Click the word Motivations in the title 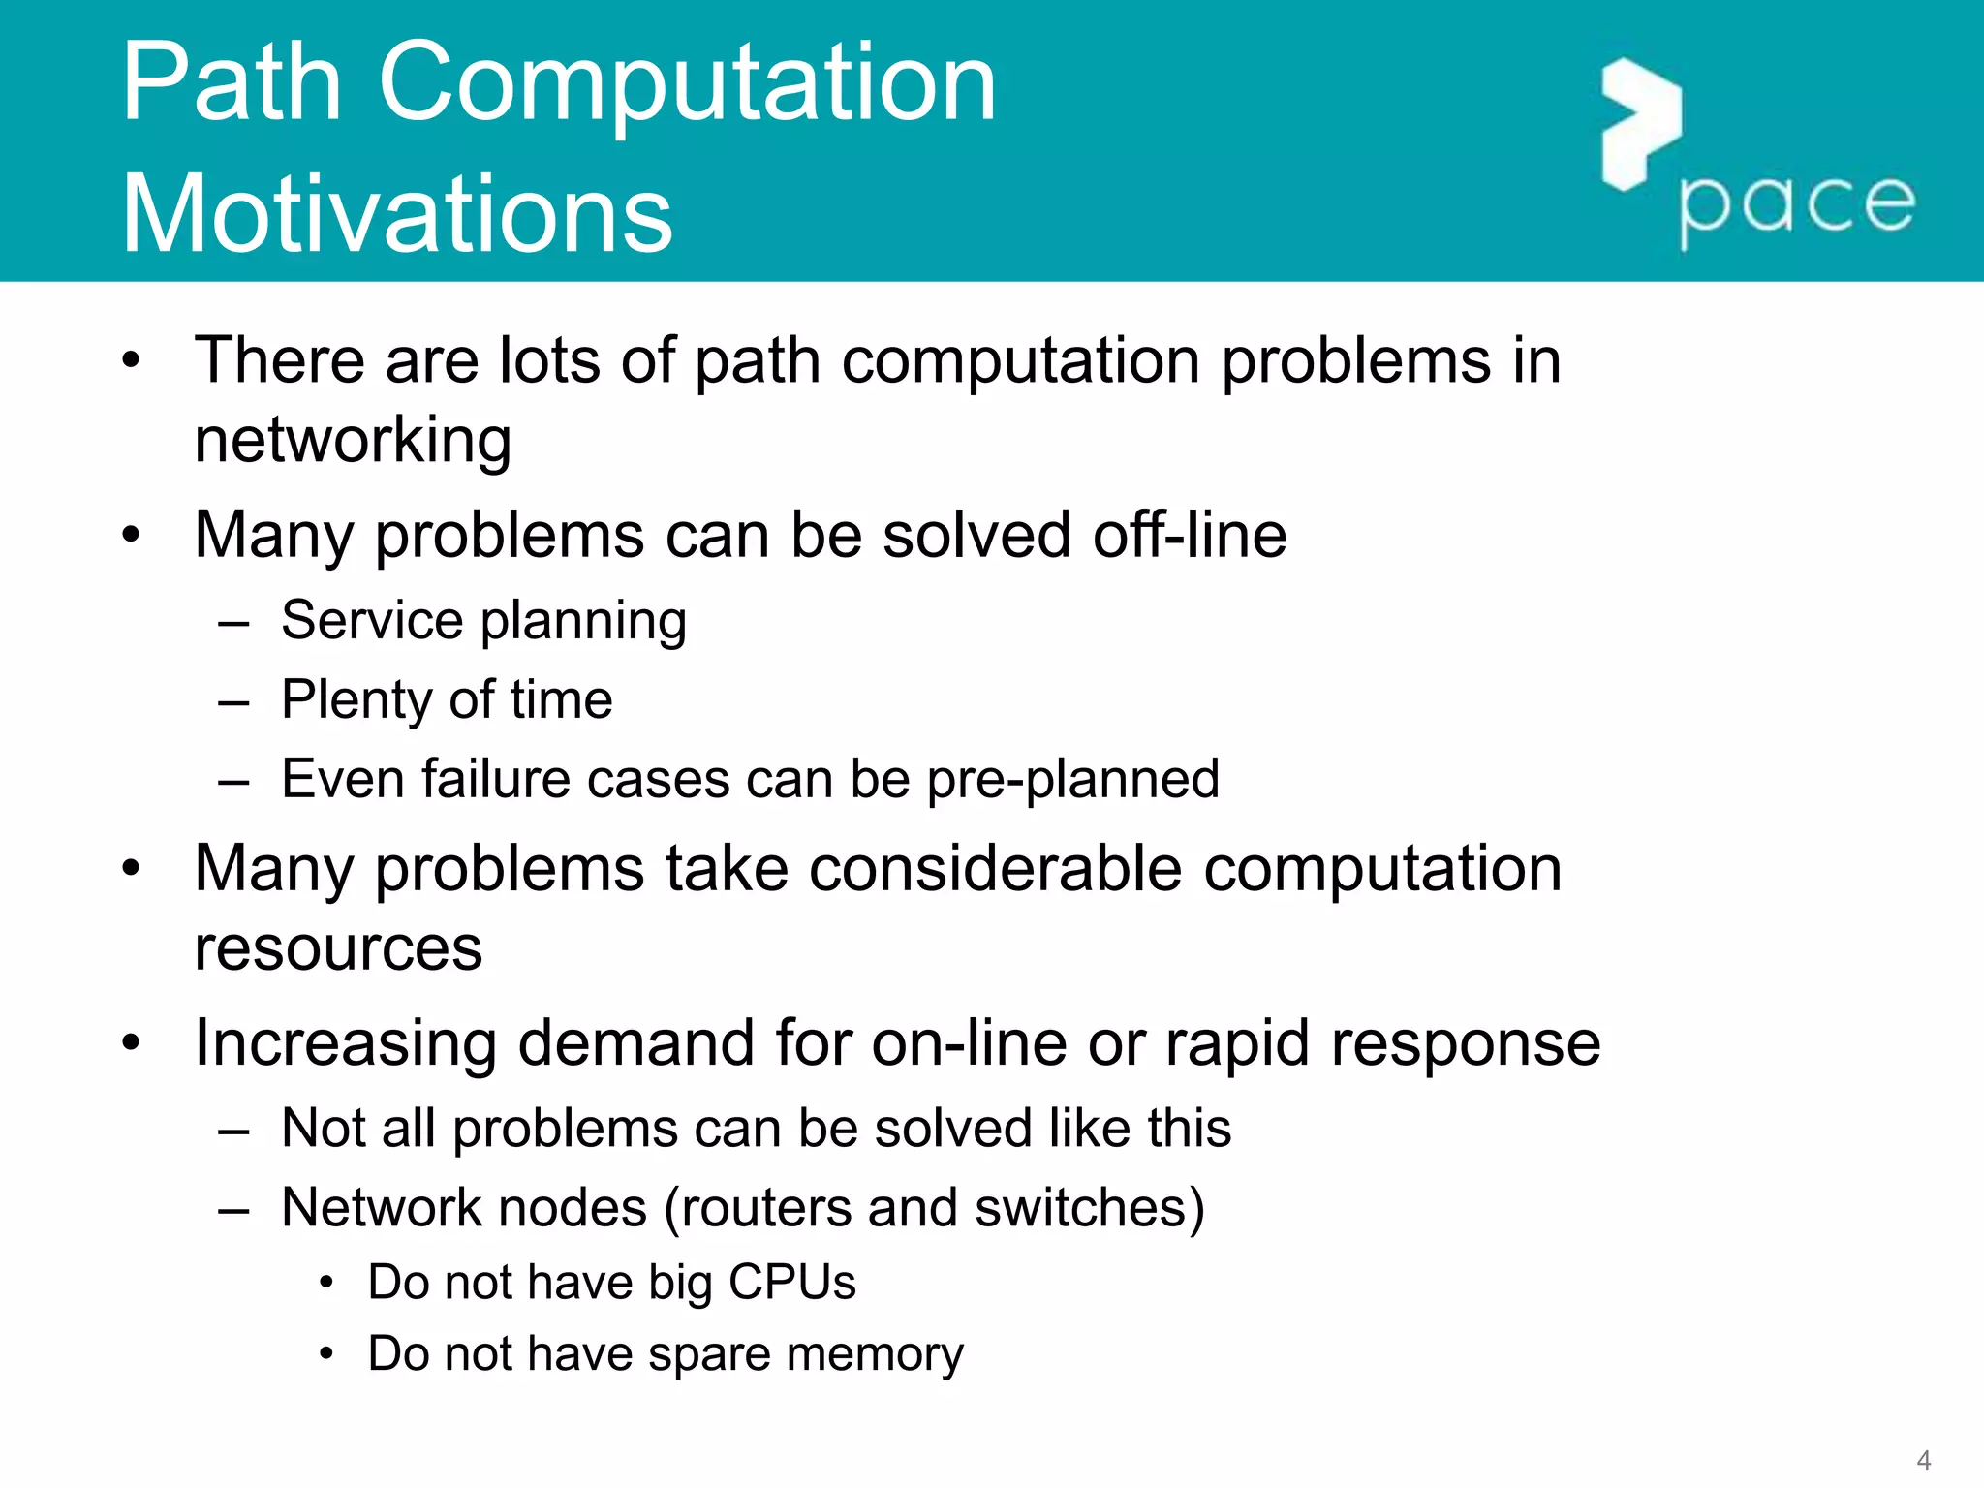(397, 214)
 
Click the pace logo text (1797, 205)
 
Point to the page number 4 (1923, 1459)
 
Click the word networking (353, 441)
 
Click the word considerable (995, 868)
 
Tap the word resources (338, 947)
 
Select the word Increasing (346, 1044)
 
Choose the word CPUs (791, 1282)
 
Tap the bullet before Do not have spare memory (327, 1353)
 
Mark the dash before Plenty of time (233, 701)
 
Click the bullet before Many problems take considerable (132, 868)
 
